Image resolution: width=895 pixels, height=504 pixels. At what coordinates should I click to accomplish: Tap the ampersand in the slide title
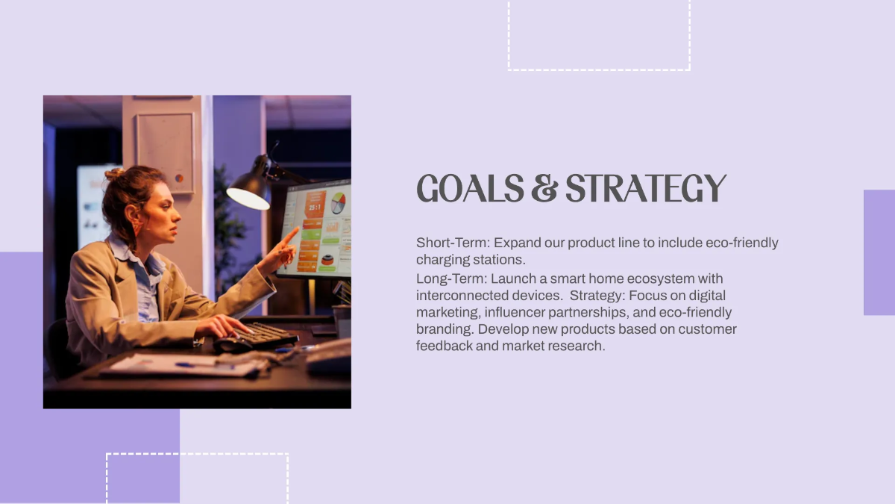click(x=544, y=189)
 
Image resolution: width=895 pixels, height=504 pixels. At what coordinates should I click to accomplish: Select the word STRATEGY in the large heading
click(x=646, y=189)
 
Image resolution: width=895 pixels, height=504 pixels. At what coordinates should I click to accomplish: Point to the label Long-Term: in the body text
click(x=451, y=279)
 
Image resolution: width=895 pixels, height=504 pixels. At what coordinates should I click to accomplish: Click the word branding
click(x=445, y=329)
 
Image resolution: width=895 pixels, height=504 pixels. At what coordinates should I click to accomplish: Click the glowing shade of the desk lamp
click(x=248, y=197)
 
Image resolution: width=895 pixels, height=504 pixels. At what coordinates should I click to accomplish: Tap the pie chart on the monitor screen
click(x=339, y=202)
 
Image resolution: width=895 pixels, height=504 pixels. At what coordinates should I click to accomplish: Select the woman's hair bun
click(x=114, y=174)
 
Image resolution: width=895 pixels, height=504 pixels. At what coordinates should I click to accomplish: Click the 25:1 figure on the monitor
click(x=315, y=207)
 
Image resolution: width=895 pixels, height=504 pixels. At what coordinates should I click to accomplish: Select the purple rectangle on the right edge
click(x=879, y=252)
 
